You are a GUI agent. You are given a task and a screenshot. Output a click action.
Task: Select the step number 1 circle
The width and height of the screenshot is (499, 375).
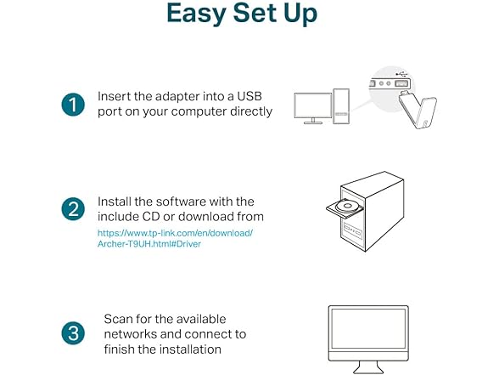pos(72,105)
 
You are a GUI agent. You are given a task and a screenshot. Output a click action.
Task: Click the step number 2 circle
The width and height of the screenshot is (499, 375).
pos(72,209)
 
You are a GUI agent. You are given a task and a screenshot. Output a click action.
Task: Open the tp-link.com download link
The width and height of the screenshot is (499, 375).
pos(174,232)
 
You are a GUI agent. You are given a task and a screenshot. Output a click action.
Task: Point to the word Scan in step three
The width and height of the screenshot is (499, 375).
pos(120,319)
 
